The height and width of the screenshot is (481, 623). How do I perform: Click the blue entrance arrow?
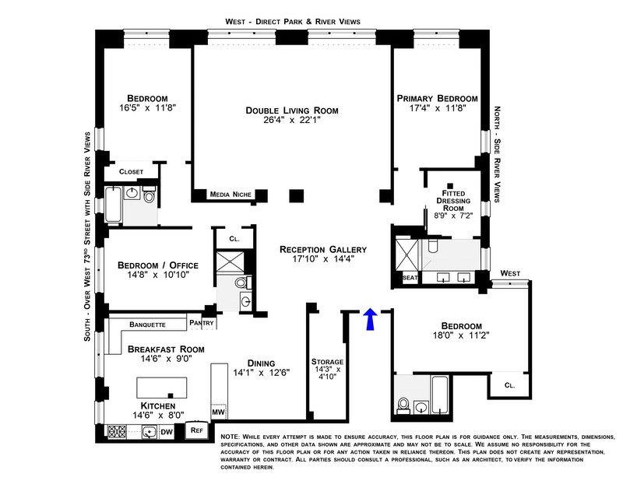(x=371, y=318)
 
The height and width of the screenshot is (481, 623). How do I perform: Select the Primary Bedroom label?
(x=437, y=98)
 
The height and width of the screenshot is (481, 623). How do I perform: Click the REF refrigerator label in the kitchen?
(x=197, y=429)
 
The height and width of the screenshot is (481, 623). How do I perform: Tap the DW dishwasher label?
(x=166, y=430)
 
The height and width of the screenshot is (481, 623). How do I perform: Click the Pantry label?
(x=202, y=323)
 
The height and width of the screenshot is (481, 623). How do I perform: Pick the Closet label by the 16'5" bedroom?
(x=131, y=171)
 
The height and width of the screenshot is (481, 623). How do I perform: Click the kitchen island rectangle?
(x=163, y=388)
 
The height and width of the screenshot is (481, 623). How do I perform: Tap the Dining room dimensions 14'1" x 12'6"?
(x=262, y=372)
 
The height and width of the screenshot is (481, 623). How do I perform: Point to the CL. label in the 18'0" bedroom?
(x=509, y=384)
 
